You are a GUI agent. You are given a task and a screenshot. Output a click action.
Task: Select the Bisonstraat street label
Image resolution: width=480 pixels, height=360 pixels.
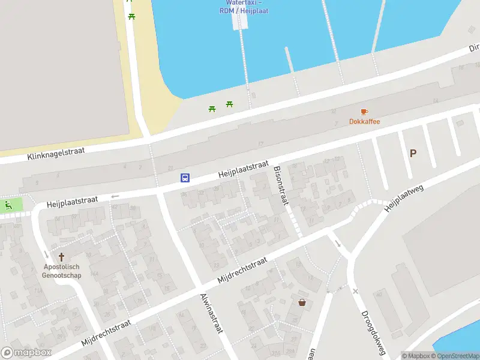tap(281, 185)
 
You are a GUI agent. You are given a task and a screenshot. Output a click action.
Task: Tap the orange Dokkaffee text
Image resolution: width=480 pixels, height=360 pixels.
tap(365, 122)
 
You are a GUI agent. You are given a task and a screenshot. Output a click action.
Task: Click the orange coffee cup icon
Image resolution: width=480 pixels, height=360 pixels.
tap(364, 112)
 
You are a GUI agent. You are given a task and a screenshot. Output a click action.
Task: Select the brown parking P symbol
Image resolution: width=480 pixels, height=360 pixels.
tap(413, 154)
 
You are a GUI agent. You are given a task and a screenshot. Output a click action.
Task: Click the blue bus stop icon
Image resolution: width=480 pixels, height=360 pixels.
tap(185, 178)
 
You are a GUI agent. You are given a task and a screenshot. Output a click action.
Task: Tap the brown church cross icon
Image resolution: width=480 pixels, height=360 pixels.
tap(61, 256)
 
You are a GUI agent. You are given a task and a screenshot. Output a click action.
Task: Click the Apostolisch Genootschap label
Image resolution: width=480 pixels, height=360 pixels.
tap(61, 271)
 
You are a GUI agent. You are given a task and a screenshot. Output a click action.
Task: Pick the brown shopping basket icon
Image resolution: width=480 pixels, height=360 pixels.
tap(302, 302)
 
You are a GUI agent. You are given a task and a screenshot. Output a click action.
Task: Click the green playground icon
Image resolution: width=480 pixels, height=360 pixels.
tap(8, 205)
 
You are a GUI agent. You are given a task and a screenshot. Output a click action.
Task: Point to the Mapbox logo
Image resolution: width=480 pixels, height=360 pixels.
tap(26, 353)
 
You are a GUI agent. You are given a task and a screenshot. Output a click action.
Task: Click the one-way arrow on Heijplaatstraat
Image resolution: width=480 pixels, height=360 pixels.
tap(115, 196)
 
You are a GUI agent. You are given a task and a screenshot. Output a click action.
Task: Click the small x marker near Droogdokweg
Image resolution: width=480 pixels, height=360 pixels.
tap(355, 291)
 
